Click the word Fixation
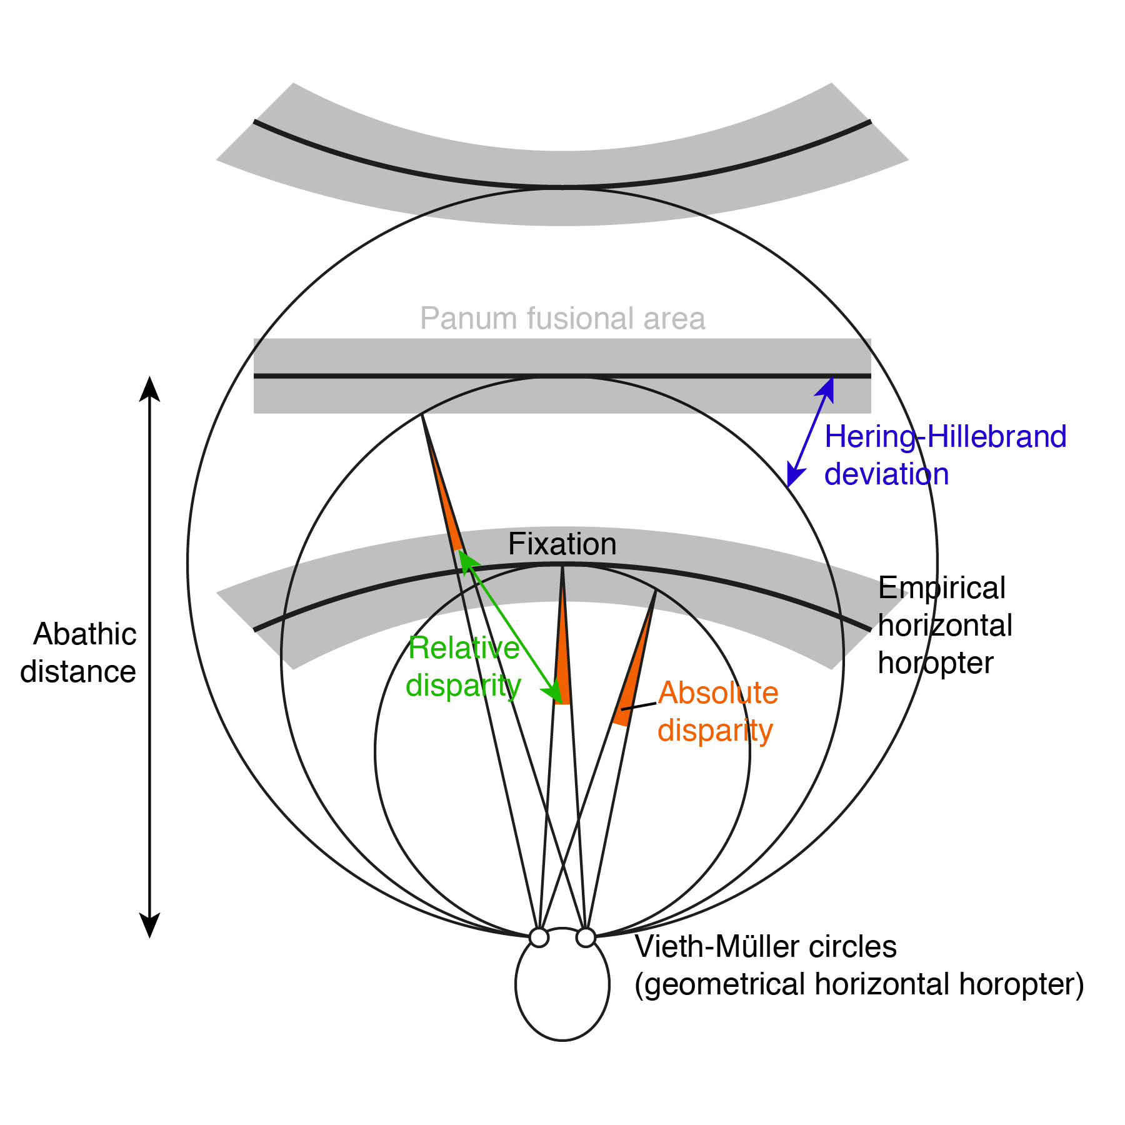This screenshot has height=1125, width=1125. pos(562,544)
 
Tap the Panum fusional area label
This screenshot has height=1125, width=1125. pos(562,319)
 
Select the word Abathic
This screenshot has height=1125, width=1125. pos(85,634)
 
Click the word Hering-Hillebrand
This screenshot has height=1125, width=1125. pos(945,437)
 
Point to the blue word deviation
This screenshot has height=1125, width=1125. pos(886,474)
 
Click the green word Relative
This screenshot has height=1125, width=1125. pos(464,648)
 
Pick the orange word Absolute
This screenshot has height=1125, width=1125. pos(718,693)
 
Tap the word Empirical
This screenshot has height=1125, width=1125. pos(941,588)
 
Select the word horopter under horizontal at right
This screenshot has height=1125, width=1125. pos(935,663)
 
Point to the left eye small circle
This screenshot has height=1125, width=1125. pos(539,937)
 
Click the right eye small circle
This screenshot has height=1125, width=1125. pos(586,937)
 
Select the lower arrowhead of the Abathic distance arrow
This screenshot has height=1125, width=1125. pos(149,925)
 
